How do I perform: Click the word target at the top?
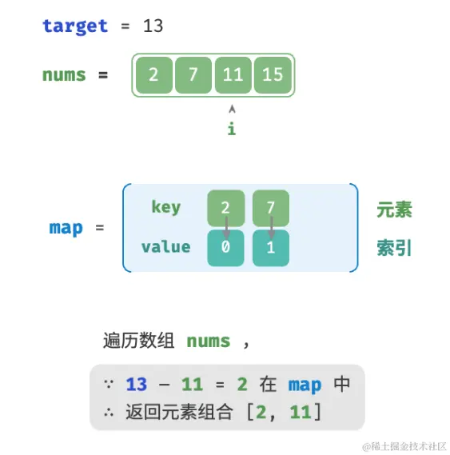[74, 26]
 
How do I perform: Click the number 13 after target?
[153, 26]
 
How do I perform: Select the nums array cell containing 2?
[153, 75]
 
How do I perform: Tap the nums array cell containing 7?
[193, 75]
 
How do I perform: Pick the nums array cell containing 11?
[233, 75]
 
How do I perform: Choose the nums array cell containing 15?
[273, 75]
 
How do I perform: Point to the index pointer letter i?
[232, 128]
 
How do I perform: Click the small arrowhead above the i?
[232, 108]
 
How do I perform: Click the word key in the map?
[165, 207]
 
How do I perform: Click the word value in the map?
[165, 246]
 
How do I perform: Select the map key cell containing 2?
[226, 208]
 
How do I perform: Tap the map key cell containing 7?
[270, 208]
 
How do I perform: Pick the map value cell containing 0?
[226, 248]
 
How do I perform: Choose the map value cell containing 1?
[270, 248]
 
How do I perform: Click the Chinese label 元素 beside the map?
[394, 210]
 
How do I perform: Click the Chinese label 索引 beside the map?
[394, 248]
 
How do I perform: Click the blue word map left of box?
[66, 228]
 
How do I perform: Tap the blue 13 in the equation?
[137, 385]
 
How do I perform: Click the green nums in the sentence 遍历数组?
[208, 341]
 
